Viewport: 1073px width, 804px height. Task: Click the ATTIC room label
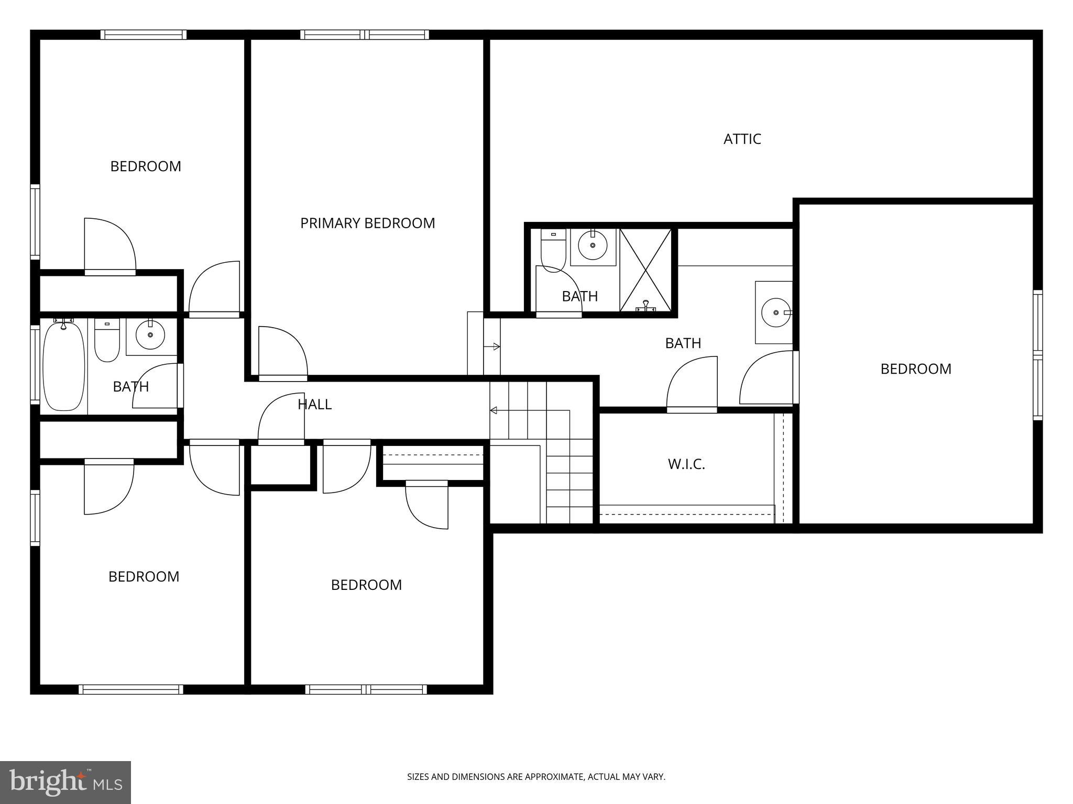click(x=742, y=139)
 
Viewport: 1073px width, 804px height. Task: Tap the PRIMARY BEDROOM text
click(x=367, y=224)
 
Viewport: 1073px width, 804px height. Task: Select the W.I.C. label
click(x=686, y=464)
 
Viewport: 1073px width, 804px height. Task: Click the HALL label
click(x=314, y=404)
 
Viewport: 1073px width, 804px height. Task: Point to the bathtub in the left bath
click(x=63, y=367)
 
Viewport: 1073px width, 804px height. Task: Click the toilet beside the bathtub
click(x=107, y=340)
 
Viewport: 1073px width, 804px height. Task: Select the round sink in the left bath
click(x=150, y=334)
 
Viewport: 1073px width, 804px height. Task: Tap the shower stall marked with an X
click(x=645, y=270)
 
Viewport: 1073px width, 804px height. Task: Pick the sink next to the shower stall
click(x=593, y=245)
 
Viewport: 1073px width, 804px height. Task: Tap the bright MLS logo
click(x=65, y=782)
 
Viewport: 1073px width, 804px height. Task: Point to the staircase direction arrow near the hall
click(x=494, y=410)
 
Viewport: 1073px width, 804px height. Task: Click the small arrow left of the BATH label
click(x=496, y=347)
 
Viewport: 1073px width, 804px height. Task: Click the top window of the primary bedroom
click(x=365, y=35)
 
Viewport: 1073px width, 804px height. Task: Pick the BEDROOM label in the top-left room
click(x=146, y=166)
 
